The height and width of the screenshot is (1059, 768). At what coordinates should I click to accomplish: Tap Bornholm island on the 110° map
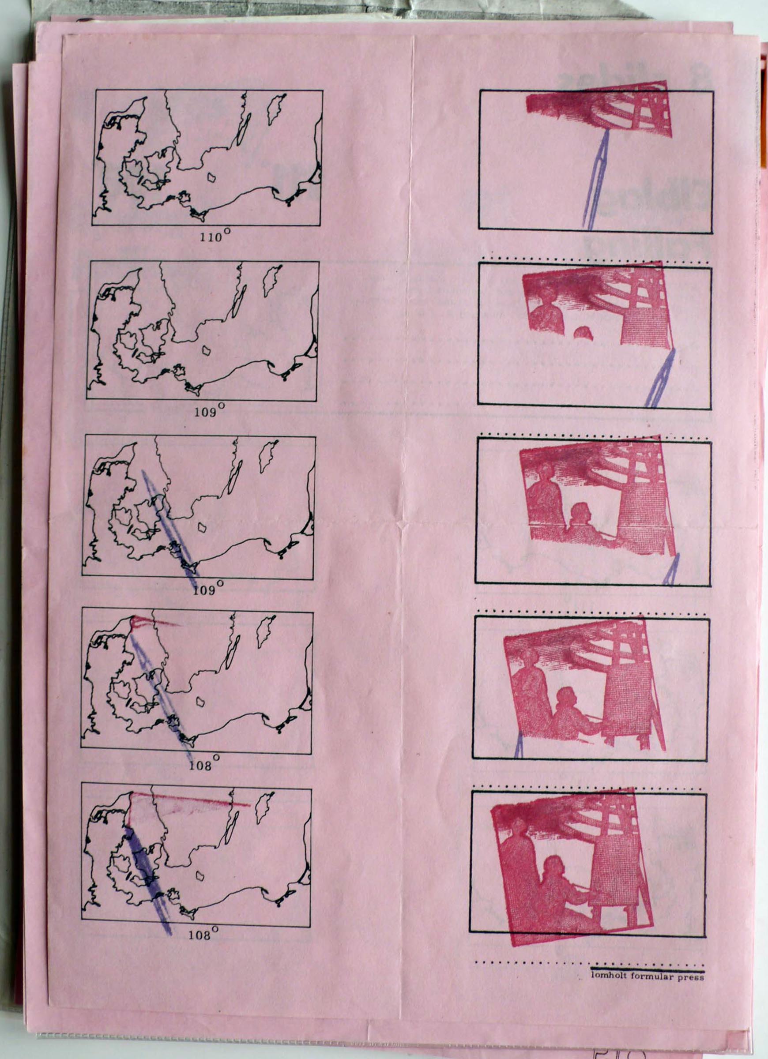coord(211,178)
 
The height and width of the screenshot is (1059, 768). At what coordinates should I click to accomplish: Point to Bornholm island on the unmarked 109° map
coord(206,350)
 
